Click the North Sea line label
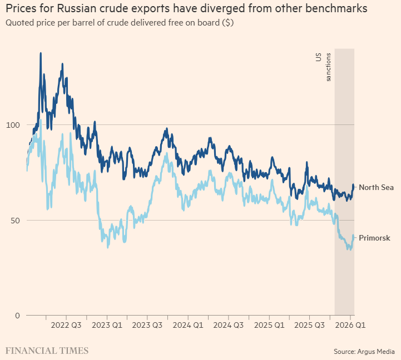pos(376,187)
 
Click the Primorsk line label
pos(374,238)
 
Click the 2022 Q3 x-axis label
pos(66,324)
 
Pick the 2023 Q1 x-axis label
pos(107,324)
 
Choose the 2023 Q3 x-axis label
pos(147,324)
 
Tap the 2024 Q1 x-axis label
pos(188,324)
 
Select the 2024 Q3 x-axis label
pos(229,324)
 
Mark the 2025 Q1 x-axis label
pos(269,324)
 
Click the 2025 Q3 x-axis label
pos(310,324)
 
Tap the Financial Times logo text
pos(47,351)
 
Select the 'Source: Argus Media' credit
pos(364,351)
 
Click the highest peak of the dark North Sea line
pos(41,53)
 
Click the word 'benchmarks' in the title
pos(338,9)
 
